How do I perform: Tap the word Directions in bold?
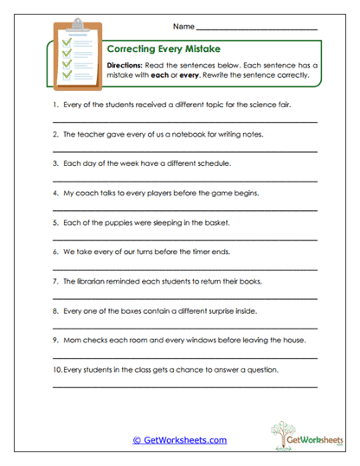126,66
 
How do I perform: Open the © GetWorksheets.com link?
179,440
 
